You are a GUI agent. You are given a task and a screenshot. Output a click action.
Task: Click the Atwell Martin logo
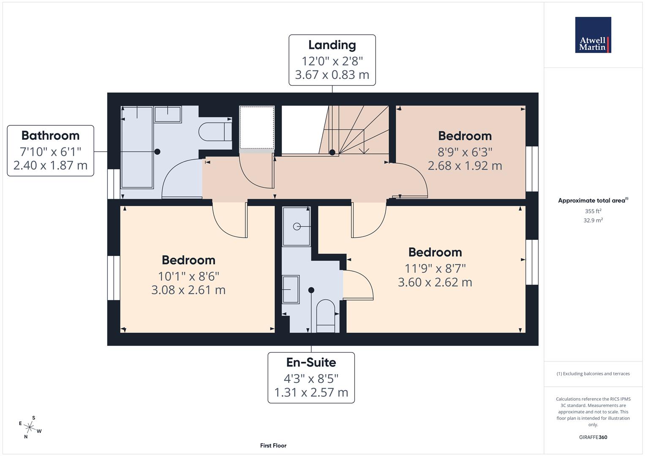593,35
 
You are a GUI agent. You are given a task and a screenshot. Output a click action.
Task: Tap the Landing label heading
332,45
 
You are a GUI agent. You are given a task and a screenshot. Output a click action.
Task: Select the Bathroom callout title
50,136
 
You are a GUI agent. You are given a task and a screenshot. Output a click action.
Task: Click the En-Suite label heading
311,362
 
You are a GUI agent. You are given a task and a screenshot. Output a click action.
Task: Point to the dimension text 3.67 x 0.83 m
332,75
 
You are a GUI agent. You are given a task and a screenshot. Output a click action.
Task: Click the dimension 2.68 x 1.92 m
465,166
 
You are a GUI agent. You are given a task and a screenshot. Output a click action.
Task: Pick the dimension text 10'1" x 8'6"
188,276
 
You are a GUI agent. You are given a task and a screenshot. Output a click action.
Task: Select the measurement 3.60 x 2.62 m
435,282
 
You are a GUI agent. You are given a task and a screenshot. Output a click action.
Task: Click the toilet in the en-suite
325,316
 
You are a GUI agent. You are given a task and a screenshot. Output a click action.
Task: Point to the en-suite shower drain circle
297,226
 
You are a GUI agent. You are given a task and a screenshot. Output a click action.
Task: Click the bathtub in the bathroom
137,148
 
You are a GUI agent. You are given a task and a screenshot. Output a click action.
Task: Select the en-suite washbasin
291,289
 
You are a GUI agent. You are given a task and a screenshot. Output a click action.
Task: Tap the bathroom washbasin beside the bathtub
168,114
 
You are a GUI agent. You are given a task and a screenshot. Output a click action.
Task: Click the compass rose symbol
30,427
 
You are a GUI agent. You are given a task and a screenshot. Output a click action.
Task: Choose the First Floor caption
273,445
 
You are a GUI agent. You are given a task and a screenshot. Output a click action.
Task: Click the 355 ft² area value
593,211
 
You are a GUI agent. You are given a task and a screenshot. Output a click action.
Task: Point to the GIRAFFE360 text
593,437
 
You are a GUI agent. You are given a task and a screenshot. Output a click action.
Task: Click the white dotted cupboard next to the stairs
257,128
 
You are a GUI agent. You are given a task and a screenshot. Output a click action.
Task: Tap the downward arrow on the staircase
362,150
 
